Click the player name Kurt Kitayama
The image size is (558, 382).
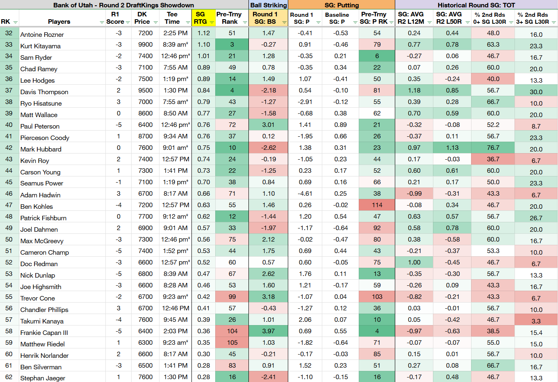pyautogui.click(x=40, y=46)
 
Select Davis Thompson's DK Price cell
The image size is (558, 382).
pyautogui.click(x=145, y=90)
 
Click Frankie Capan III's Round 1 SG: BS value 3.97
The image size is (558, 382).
pyautogui.click(x=268, y=331)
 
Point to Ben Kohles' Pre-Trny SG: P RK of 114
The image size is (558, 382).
pyautogui.click(x=377, y=205)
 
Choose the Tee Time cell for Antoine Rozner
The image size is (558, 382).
pyautogui.click(x=175, y=33)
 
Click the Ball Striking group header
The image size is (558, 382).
pyautogui.click(x=269, y=5)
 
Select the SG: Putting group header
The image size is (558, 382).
pyautogui.click(x=342, y=5)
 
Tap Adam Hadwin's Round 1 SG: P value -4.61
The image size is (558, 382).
pyautogui.click(x=305, y=194)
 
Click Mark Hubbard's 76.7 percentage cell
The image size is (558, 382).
pyautogui.click(x=493, y=148)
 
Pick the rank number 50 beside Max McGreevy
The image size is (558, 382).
pyautogui.click(x=9, y=239)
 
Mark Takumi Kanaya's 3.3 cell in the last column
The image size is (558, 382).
pyautogui.click(x=536, y=321)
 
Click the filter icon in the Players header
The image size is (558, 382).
pyautogui.click(x=102, y=23)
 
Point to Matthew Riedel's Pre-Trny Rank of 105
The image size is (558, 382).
pyautogui.click(x=232, y=342)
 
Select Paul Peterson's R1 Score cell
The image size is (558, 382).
pyautogui.click(x=118, y=124)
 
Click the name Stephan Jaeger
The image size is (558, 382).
pyautogui.click(x=43, y=378)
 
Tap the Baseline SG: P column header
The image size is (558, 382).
pyautogui.click(x=337, y=18)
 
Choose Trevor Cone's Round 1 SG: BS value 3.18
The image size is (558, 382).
pyautogui.click(x=268, y=297)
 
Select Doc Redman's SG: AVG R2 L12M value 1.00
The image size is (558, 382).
pyautogui.click(x=414, y=262)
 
